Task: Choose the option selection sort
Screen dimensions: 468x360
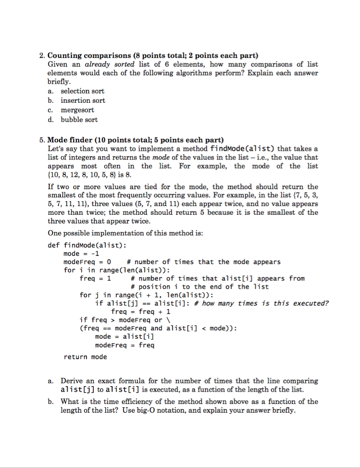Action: point(82,91)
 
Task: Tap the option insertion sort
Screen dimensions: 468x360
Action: point(83,101)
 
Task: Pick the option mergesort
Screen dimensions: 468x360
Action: point(77,110)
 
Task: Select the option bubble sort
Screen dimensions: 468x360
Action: point(79,120)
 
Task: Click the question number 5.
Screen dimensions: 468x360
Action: point(41,140)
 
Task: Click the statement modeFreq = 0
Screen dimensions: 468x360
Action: point(87,262)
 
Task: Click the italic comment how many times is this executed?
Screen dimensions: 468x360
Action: point(265,303)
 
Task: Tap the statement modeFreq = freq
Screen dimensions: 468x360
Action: point(124,345)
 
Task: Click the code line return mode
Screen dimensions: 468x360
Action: point(85,357)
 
